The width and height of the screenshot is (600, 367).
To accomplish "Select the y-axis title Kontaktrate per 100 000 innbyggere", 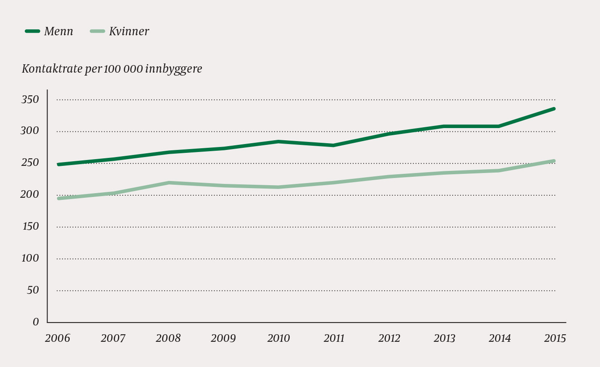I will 112,69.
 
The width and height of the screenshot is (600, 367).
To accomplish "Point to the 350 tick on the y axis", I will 30,100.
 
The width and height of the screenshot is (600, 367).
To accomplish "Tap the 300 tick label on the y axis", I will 30,131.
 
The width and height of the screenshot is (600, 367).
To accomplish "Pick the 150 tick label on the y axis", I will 30,226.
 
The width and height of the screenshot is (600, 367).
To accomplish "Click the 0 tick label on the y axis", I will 36,322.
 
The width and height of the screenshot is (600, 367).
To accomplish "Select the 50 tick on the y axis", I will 33,290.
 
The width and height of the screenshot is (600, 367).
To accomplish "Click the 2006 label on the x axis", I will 58,338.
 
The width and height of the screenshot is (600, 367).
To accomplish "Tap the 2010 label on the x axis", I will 278,338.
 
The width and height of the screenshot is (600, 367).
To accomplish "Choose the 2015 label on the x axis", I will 555,338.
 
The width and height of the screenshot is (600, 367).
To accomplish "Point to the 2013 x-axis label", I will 444,338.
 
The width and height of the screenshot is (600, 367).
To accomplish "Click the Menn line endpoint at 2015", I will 554,109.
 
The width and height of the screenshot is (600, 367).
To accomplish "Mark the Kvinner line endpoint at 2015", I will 554,161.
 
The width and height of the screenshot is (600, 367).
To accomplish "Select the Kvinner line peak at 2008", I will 168,183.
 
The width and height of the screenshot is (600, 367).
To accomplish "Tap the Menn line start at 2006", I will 58,164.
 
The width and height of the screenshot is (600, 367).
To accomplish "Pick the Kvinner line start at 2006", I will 58,198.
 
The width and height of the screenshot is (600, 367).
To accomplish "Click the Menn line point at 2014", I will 499,126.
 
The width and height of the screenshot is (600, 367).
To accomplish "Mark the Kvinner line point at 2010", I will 278,187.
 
